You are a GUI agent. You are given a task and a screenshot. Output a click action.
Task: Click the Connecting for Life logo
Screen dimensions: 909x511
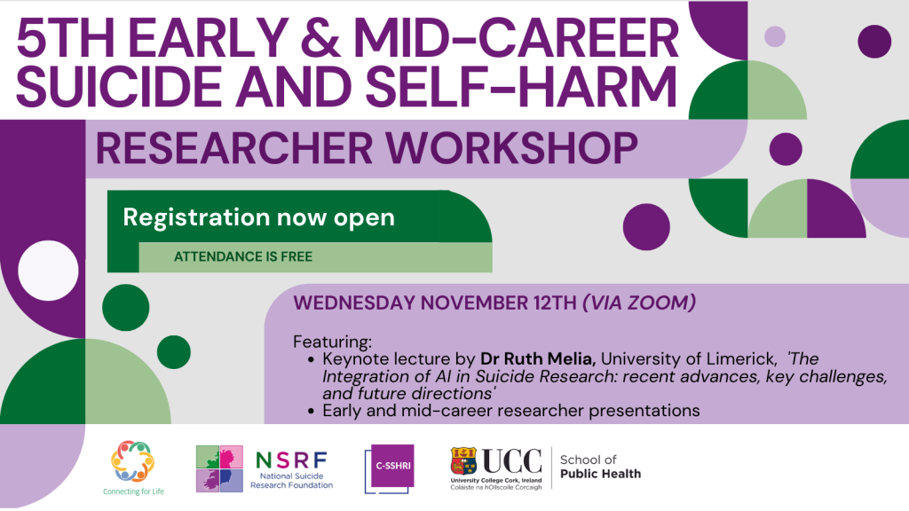point(133,468)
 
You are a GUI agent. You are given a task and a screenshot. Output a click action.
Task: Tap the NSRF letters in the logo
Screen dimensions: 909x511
point(291,460)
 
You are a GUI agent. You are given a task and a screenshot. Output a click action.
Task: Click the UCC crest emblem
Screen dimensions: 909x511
point(463,461)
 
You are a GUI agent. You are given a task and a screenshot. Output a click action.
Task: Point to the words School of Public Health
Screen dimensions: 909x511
point(600,467)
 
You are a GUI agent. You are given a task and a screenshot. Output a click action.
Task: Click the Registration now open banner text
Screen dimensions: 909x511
point(258,217)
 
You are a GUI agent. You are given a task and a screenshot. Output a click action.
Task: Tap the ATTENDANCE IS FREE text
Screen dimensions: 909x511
point(243,256)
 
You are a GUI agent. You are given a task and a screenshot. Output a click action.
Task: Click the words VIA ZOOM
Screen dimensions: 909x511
point(639,303)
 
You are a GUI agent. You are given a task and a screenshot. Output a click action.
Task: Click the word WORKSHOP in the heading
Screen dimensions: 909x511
point(511,148)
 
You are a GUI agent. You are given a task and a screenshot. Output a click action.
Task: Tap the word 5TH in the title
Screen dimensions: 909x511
point(64,38)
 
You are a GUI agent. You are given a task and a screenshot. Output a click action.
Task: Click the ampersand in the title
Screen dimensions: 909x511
point(320,38)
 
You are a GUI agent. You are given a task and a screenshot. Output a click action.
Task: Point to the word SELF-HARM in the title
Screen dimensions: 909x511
point(521,86)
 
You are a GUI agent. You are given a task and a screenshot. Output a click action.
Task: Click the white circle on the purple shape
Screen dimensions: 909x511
point(48,271)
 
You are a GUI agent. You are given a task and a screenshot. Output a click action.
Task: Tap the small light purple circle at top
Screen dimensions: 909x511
point(774,36)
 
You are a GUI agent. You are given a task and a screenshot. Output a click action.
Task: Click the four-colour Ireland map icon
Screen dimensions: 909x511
point(219,468)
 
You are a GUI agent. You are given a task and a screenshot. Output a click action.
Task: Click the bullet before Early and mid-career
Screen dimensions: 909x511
point(312,412)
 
